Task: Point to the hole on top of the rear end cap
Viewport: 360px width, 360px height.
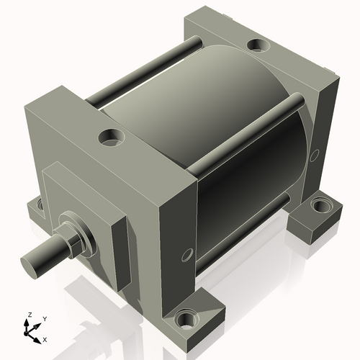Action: pos(258,46)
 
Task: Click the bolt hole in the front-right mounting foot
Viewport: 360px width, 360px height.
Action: pos(189,318)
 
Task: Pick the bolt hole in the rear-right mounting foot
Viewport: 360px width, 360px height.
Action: pos(318,208)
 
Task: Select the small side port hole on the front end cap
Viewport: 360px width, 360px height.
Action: pos(187,255)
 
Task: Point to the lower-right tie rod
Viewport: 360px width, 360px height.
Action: pos(245,238)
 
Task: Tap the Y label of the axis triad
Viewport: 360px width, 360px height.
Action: pos(45,318)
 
